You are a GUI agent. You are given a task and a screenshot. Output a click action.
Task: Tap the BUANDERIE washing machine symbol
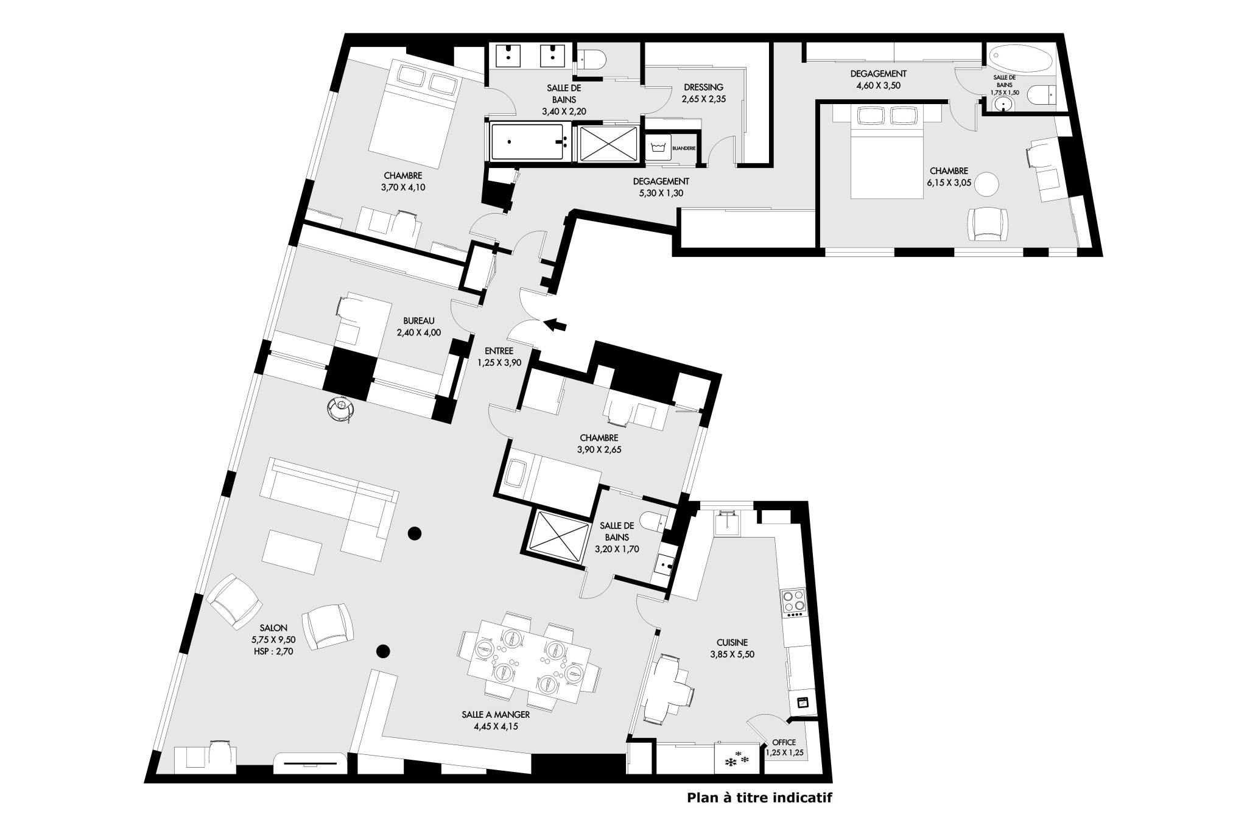[658, 147]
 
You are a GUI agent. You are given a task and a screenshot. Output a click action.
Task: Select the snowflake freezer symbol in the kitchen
[737, 759]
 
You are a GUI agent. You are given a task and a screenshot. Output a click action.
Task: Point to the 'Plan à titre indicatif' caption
[759, 798]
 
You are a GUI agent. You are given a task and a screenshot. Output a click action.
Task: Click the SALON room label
[273, 628]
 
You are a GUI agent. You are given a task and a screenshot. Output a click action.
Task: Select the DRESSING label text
[703, 87]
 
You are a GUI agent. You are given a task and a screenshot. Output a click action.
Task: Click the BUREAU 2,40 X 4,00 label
[419, 326]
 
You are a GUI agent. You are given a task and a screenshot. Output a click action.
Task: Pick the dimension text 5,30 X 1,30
[661, 194]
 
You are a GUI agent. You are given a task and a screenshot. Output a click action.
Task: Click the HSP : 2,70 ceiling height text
[273, 651]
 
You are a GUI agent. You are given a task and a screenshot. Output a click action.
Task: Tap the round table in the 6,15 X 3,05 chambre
[987, 184]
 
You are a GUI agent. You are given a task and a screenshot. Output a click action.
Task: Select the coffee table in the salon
[292, 552]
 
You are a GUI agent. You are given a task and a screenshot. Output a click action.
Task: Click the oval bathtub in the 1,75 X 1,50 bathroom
[1020, 60]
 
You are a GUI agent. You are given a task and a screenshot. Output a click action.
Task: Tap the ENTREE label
[499, 351]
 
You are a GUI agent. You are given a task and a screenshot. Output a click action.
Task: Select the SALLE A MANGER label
[496, 714]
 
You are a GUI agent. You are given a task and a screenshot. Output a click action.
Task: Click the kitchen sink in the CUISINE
[727, 524]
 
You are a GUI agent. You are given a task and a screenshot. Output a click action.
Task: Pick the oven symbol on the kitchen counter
[803, 702]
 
